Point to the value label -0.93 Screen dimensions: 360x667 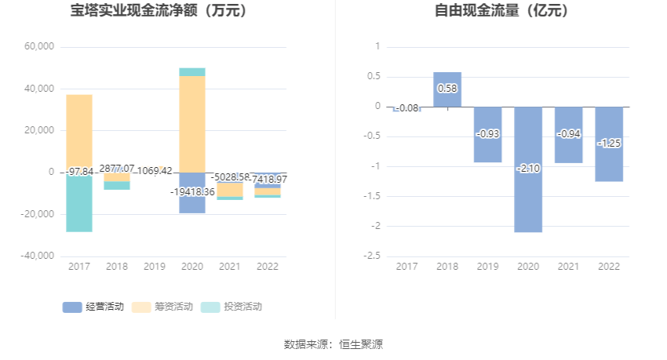(487, 134)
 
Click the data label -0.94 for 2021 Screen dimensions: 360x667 (568, 134)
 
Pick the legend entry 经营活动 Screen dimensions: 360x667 (93, 307)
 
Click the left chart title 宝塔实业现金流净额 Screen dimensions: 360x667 (159, 11)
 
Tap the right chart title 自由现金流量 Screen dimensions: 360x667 (501, 11)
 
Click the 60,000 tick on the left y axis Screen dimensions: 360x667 (39, 47)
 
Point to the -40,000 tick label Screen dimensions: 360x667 (38, 256)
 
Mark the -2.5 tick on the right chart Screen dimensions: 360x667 (373, 256)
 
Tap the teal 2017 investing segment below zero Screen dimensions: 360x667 (79, 204)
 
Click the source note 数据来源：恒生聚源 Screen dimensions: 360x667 (333, 344)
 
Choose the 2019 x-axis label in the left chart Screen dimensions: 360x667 (155, 267)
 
